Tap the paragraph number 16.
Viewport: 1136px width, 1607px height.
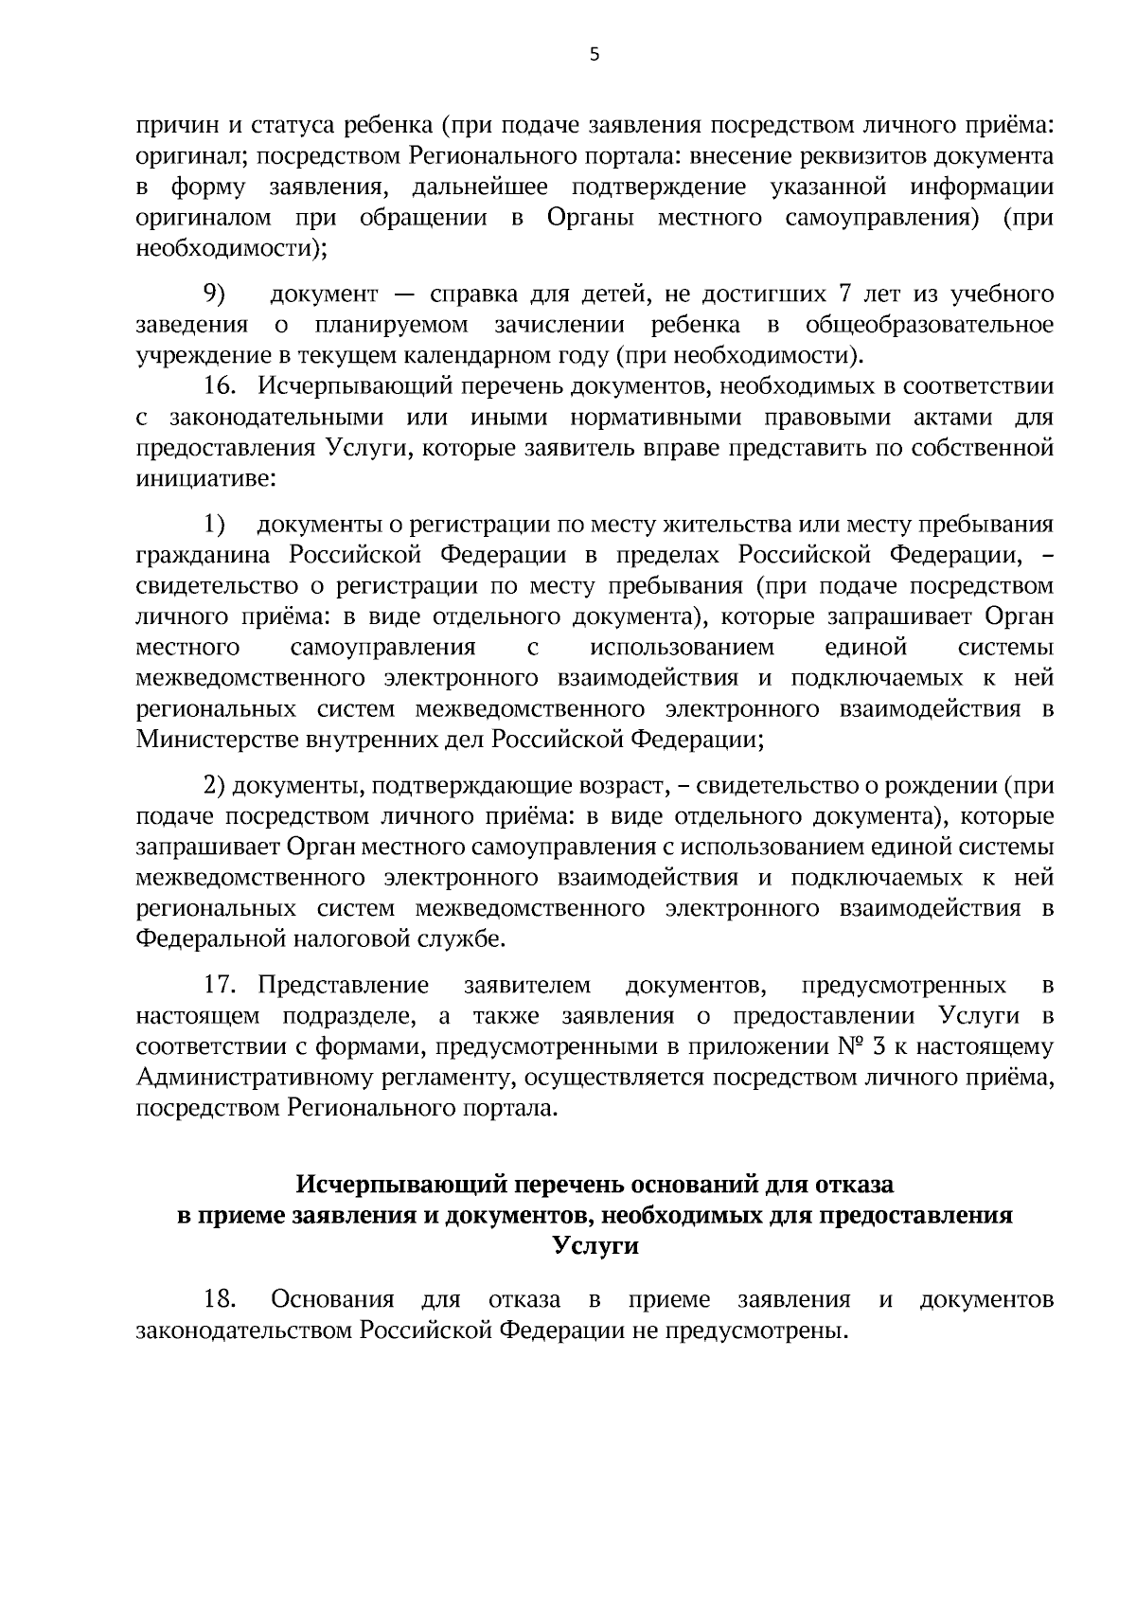(220, 386)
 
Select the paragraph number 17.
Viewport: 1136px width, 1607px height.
(220, 986)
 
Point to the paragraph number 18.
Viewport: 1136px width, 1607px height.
(220, 1299)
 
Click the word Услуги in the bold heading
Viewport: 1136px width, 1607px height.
(595, 1246)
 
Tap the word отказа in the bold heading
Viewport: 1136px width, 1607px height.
(855, 1184)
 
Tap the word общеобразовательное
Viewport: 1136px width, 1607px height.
(930, 326)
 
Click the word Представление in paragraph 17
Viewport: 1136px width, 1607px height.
(344, 986)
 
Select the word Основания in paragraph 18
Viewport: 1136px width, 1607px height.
(332, 1299)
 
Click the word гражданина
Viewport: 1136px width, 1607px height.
(206, 555)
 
